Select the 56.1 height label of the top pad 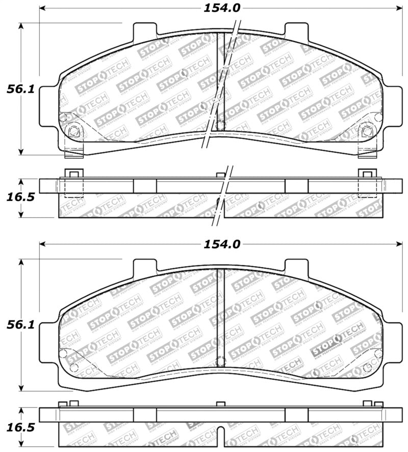click(20, 89)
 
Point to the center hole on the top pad click(220, 125)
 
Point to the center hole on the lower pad click(220, 361)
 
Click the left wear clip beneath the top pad click(74, 151)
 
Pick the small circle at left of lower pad click(63, 354)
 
